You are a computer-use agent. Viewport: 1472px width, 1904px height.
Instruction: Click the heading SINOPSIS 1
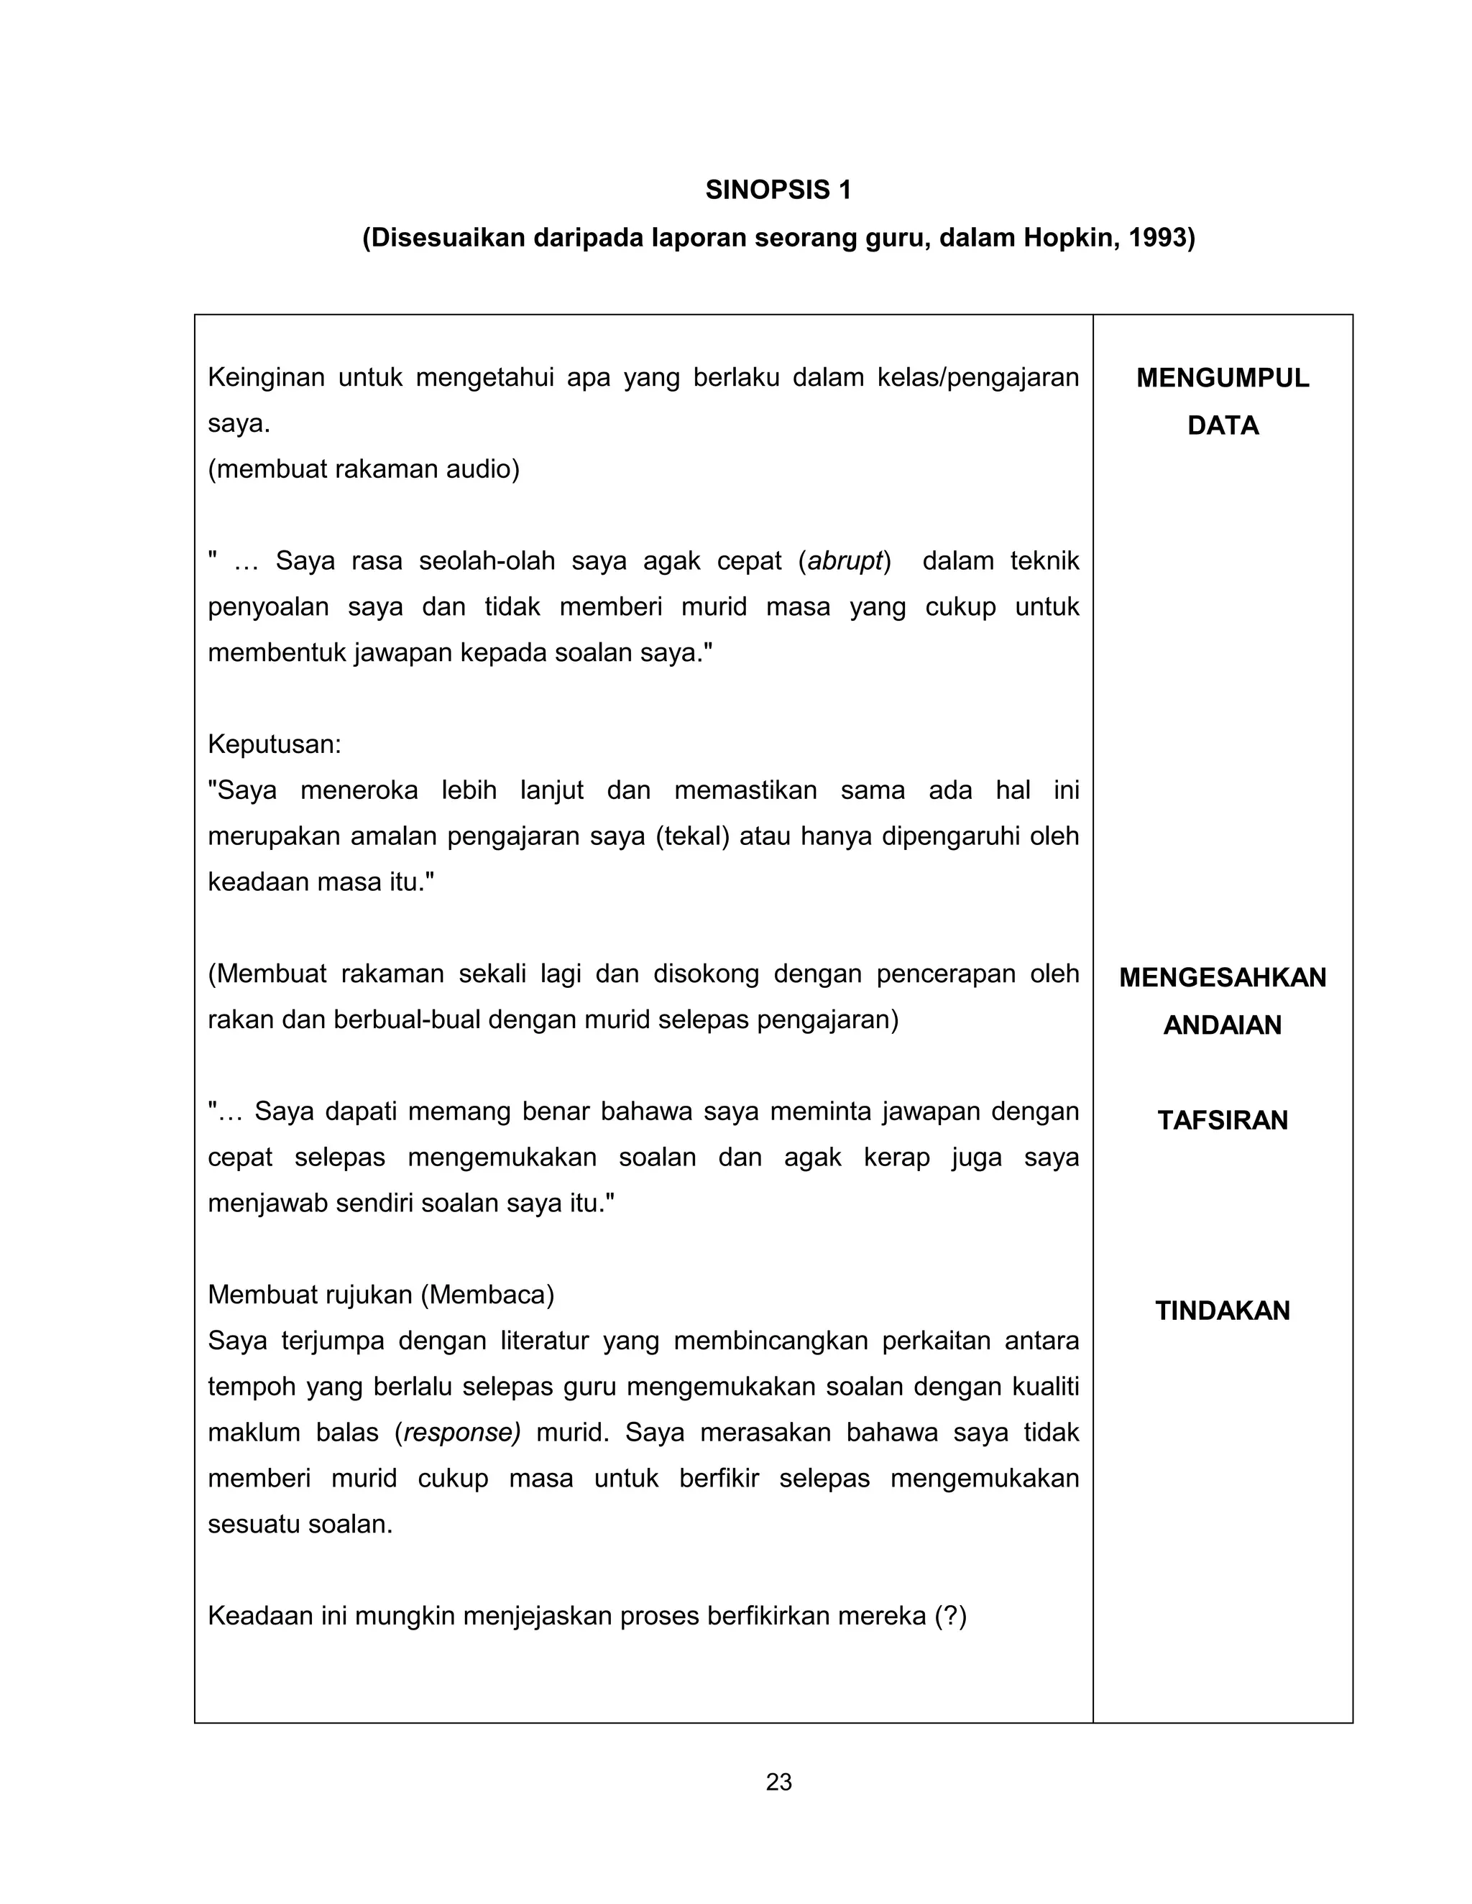pyautogui.click(x=778, y=190)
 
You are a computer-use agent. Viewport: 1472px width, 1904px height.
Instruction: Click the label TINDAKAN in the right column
pyautogui.click(x=1222, y=1311)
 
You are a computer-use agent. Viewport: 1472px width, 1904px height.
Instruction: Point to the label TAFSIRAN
pyautogui.click(x=1222, y=1120)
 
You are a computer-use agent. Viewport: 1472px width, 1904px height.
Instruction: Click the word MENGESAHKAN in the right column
pyautogui.click(x=1222, y=977)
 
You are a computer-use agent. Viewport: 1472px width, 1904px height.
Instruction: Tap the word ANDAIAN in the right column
pyautogui.click(x=1222, y=1025)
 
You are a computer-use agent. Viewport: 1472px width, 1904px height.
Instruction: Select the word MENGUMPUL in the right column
pyautogui.click(x=1222, y=379)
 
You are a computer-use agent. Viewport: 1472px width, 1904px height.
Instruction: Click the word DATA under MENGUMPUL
pyautogui.click(x=1222, y=425)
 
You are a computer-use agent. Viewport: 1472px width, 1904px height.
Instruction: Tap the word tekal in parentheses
pyautogui.click(x=691, y=836)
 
